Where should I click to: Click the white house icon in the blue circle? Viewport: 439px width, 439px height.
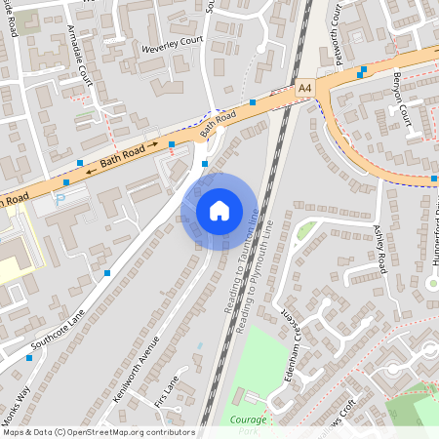219,211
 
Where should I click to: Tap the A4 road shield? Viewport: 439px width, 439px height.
306,89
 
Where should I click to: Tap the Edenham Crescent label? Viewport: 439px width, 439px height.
287,346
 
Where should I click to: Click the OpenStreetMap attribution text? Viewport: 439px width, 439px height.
98,432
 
